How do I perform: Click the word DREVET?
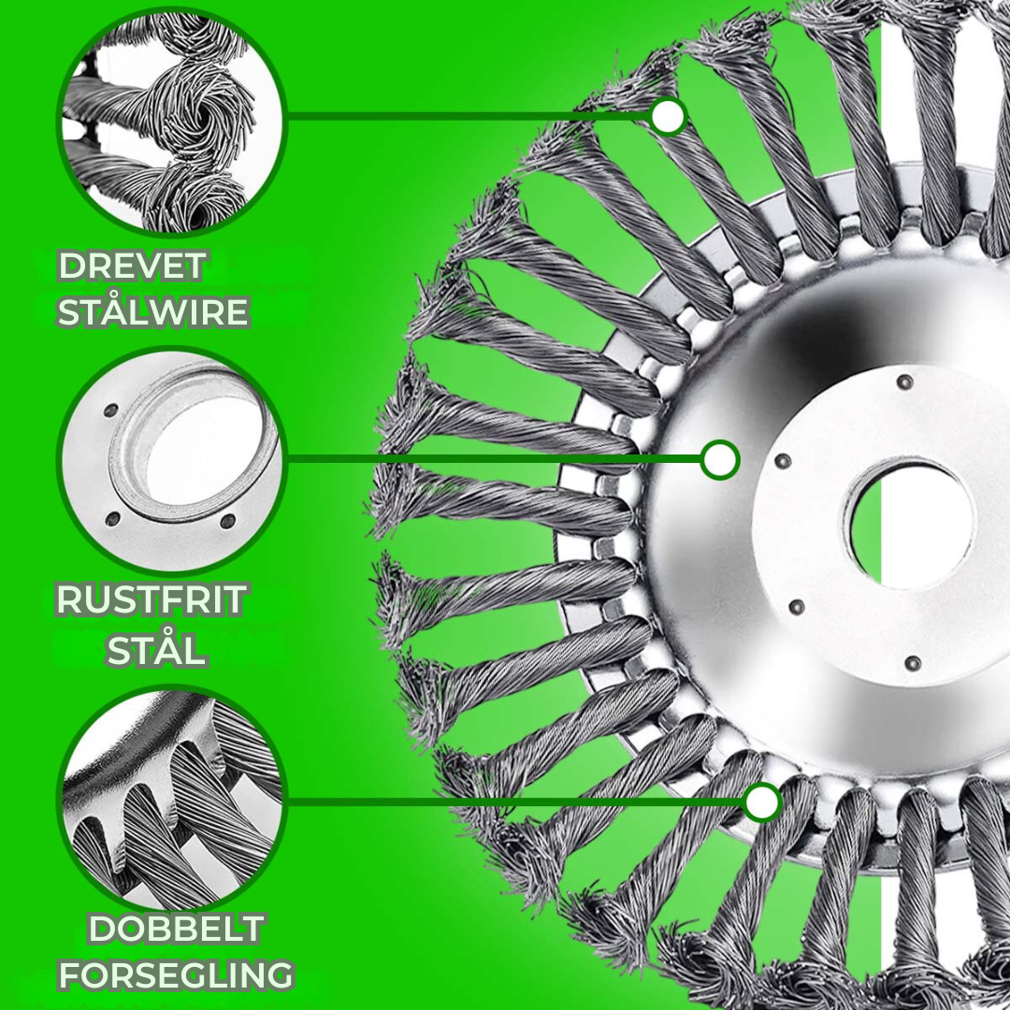pos(132,266)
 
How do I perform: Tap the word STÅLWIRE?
pos(153,312)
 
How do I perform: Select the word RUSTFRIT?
pos(151,599)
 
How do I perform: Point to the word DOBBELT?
pos(176,929)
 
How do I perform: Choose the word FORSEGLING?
pos(176,975)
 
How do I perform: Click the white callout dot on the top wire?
pos(668,117)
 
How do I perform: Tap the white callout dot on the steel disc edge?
pos(719,460)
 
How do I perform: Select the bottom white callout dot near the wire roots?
pos(763,802)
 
